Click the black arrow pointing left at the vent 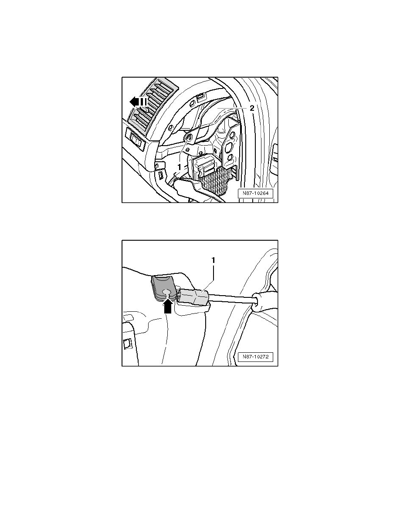pos(138,102)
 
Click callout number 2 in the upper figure pos(252,108)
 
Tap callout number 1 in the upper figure pos(179,167)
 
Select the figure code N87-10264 pos(255,193)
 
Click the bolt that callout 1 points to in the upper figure pos(190,138)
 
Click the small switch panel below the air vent pos(136,139)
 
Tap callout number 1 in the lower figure pos(213,260)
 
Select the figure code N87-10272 pos(255,357)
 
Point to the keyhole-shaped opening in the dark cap pos(168,292)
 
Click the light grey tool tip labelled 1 pos(195,296)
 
